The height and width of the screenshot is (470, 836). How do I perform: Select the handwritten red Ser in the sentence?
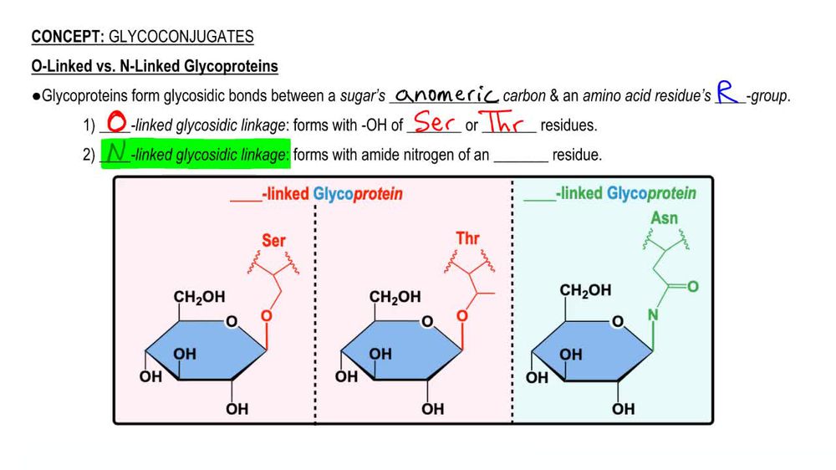[x=433, y=124]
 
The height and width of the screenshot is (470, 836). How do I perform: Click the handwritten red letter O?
[x=117, y=123]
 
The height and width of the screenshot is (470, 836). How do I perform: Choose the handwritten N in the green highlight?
[x=116, y=153]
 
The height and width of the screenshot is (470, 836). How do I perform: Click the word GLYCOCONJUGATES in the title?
[x=181, y=37]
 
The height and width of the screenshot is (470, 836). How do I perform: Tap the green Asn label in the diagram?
[x=664, y=219]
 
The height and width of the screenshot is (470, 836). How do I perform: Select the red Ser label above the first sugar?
[x=273, y=240]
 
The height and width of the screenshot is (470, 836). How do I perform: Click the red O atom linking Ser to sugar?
[x=266, y=316]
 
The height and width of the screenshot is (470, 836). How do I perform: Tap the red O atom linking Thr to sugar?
[x=461, y=316]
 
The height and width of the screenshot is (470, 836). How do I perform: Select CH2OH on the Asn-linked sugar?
[x=585, y=291]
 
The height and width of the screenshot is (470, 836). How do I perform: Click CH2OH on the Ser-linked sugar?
[x=199, y=297]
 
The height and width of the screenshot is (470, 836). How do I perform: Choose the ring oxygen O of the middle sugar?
[x=427, y=322]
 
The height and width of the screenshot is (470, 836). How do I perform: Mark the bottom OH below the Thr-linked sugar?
[x=432, y=409]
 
